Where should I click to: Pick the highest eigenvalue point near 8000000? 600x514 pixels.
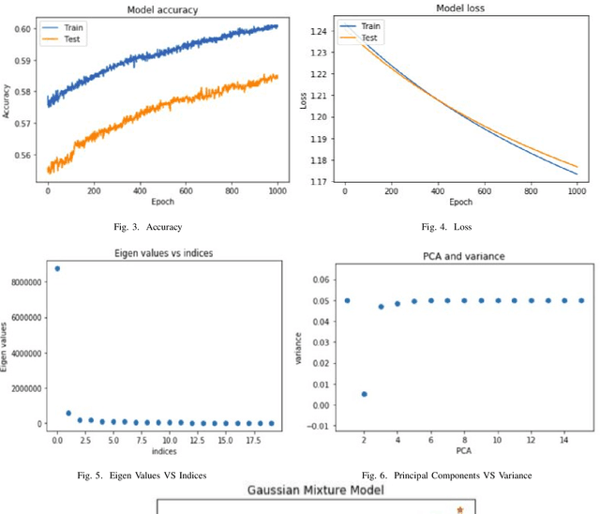click(57, 268)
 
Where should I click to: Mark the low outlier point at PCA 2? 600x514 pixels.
click(364, 394)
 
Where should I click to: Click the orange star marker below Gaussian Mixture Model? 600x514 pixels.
click(459, 509)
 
